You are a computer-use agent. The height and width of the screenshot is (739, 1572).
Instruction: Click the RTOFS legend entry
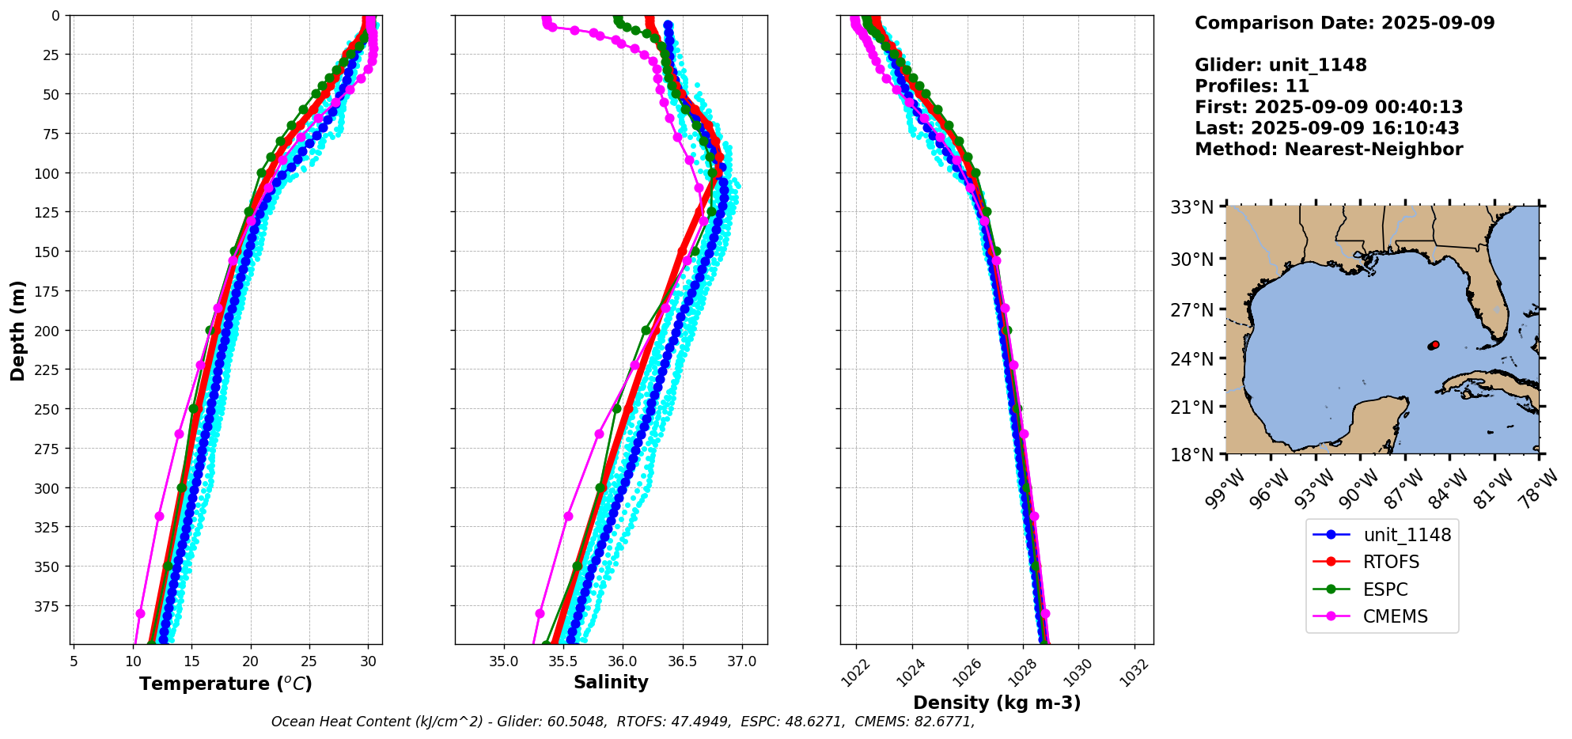tap(1390, 563)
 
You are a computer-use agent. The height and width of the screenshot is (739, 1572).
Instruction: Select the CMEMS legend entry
tap(1395, 617)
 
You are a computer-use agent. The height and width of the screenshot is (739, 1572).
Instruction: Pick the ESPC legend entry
tap(1384, 589)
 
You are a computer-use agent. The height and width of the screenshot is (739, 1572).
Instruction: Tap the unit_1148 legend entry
tap(1407, 535)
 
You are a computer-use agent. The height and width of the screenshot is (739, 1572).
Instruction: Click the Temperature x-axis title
tap(225, 684)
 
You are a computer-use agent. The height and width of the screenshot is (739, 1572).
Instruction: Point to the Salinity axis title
tap(611, 682)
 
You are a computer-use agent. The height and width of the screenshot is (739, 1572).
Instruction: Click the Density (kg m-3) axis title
tap(997, 703)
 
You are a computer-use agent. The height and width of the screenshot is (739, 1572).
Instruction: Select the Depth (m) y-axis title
tap(17, 330)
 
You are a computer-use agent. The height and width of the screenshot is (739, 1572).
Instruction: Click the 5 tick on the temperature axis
tap(74, 661)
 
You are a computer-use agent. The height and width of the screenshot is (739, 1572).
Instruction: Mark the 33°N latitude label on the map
tap(1191, 208)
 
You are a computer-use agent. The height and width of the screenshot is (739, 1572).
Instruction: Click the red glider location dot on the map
tap(1435, 344)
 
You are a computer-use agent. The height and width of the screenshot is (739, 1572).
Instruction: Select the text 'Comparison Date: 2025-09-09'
tap(1344, 23)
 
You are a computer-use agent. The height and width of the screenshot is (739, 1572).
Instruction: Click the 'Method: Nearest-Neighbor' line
tap(1328, 150)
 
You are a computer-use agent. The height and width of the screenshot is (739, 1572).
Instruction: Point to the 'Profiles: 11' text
tap(1252, 86)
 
